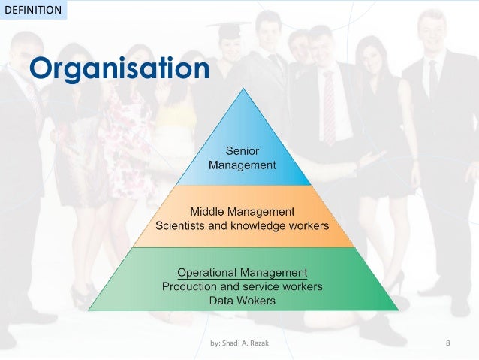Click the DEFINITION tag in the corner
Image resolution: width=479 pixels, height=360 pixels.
tap(33, 10)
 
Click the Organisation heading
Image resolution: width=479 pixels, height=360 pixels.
tap(119, 68)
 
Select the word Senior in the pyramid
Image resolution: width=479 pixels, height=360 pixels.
tap(243, 151)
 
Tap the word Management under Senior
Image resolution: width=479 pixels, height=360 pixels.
tap(243, 165)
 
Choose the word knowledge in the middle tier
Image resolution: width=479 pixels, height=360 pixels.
tap(258, 225)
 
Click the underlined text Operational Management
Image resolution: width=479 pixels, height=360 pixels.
tap(243, 272)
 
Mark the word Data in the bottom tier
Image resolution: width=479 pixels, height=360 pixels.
tap(223, 301)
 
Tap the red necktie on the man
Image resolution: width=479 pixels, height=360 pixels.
tap(328, 105)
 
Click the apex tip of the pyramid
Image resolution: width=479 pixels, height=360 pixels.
tap(243, 89)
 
